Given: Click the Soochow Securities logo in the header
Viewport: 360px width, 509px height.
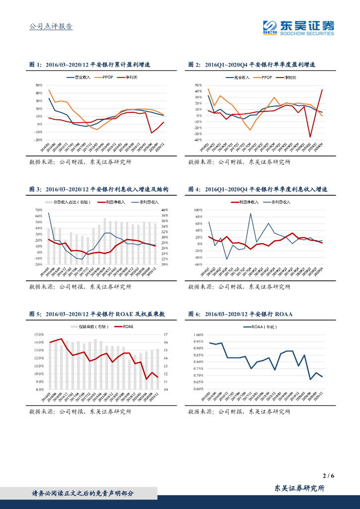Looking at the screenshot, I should click(x=298, y=27).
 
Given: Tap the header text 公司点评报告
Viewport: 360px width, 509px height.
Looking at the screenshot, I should click(x=51, y=26).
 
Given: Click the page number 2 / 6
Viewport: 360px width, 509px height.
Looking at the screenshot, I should click(x=329, y=476).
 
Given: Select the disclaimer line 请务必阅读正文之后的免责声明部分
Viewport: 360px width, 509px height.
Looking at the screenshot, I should click(x=82, y=493).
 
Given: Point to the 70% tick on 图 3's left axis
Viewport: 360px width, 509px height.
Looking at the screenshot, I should click(x=38, y=210).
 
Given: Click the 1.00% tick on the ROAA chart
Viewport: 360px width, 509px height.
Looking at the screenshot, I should click(x=198, y=335).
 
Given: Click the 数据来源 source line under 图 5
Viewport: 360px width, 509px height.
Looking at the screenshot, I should click(x=80, y=412).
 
